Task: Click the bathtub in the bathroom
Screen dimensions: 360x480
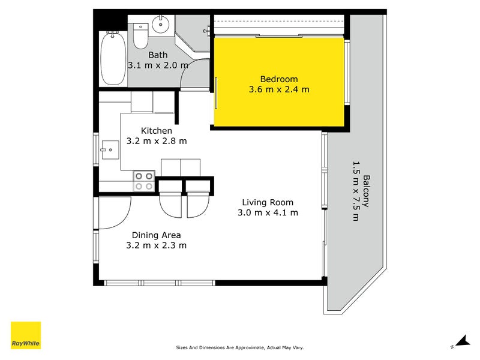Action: pos(113,59)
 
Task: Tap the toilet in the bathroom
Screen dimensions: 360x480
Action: pos(140,36)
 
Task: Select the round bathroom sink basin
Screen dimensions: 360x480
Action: pos(161,25)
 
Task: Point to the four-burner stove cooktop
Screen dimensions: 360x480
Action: pos(144,181)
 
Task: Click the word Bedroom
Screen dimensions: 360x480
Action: pos(278,79)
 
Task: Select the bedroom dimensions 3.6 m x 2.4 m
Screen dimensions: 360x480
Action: pos(278,90)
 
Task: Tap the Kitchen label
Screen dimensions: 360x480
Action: pos(157,131)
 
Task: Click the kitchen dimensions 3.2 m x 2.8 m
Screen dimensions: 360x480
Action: pos(157,142)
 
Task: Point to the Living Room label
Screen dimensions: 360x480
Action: pos(268,202)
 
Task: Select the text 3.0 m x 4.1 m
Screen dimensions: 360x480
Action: pos(268,212)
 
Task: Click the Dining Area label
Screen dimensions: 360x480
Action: pos(156,235)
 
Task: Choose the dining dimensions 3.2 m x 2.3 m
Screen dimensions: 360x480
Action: pos(156,245)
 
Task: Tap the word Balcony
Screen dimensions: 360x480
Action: pos(366,191)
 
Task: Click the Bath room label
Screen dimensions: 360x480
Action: pos(158,55)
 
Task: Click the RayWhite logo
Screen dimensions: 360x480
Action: pos(26,335)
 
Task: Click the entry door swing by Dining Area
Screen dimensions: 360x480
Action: pos(114,213)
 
